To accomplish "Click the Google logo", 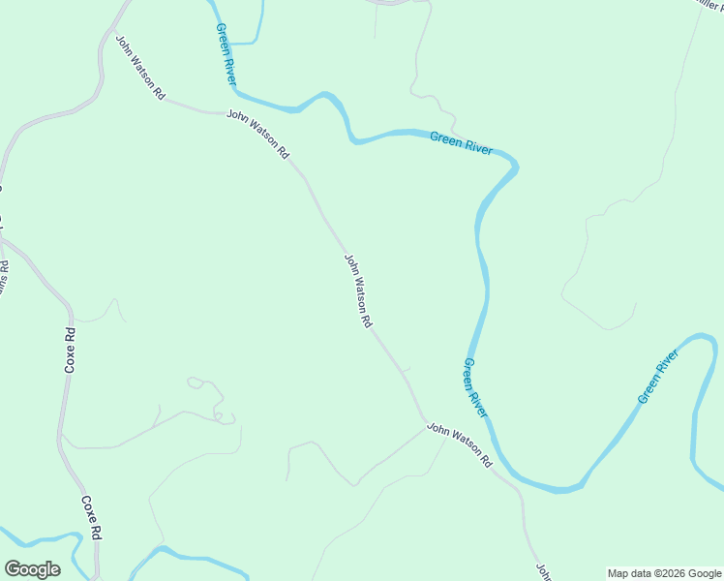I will coord(32,569).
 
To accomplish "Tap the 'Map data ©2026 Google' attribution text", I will coord(664,573).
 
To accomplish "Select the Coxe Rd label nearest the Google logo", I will coord(92,518).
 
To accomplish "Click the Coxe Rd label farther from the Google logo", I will coord(70,351).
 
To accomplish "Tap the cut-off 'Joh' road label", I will coord(543,570).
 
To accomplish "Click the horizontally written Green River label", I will coord(461,143).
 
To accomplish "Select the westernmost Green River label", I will coord(226,52).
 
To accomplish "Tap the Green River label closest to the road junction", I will coord(475,388).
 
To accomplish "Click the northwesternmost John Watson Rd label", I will coord(140,69).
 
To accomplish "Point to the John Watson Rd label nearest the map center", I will coord(358,290).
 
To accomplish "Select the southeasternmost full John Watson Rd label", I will coord(460,444).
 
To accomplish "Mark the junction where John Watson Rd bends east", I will coord(423,423).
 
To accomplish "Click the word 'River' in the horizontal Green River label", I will coord(476,146).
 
